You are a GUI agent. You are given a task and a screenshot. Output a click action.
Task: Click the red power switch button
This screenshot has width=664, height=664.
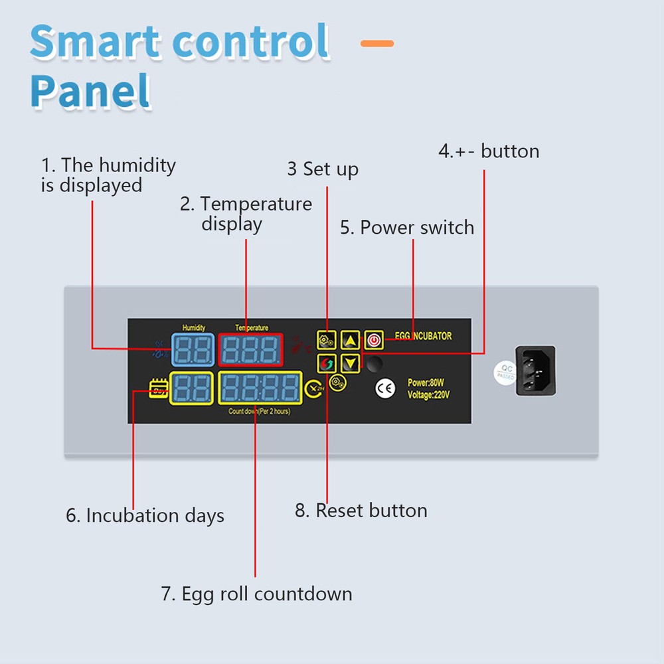point(374,341)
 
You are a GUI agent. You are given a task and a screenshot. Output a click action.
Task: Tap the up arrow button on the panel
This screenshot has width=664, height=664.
point(351,341)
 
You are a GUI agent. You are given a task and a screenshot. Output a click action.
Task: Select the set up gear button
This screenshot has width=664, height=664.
point(327,341)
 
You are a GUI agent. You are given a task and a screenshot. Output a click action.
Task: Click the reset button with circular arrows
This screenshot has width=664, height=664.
point(327,364)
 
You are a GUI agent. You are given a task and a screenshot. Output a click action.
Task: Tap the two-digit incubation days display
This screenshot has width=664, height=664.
point(191,389)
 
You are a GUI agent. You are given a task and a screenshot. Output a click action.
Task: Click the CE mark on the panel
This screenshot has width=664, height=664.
point(385,388)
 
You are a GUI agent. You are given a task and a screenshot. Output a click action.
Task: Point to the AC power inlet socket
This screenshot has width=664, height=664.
point(535,371)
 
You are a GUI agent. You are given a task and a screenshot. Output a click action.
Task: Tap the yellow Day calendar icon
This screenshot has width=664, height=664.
point(159,388)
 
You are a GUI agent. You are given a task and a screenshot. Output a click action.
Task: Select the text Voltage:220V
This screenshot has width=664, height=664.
point(429,394)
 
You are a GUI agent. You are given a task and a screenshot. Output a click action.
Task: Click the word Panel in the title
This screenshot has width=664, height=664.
point(90,91)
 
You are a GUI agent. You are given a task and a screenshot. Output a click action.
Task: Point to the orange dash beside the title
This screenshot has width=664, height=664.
point(377,44)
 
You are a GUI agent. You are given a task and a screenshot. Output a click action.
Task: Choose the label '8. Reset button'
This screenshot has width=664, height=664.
point(361,511)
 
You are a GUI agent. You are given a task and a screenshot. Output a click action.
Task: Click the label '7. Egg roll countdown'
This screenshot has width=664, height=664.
point(256,593)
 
